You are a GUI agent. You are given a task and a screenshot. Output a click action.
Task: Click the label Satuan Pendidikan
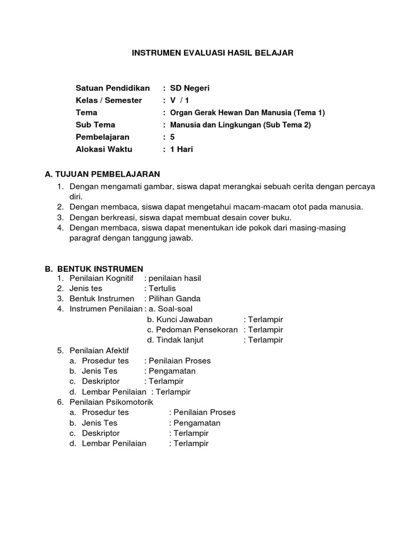pyautogui.click(x=112, y=88)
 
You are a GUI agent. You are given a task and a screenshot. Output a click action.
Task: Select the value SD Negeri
pyautogui.click(x=191, y=88)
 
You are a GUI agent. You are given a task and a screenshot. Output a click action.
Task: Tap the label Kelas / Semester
pyautogui.click(x=109, y=100)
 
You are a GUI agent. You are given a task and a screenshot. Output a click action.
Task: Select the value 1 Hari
pyautogui.click(x=181, y=149)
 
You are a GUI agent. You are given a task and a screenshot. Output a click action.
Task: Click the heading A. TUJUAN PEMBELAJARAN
pyautogui.click(x=103, y=174)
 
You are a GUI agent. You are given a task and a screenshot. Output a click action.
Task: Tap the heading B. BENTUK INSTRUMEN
pyautogui.click(x=94, y=269)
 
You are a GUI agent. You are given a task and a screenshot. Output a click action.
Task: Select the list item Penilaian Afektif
pyautogui.click(x=99, y=350)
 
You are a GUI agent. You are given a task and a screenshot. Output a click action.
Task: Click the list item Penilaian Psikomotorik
pyautogui.click(x=111, y=402)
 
